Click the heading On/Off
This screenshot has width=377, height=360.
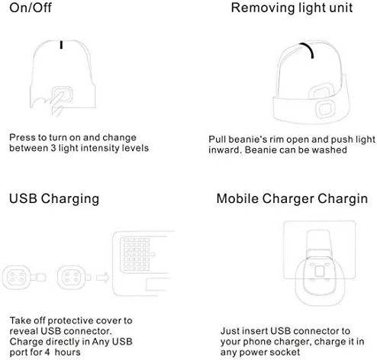31,8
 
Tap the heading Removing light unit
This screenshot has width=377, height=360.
292,8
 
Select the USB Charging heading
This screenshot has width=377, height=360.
54,199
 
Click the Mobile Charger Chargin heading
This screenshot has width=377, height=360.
292,199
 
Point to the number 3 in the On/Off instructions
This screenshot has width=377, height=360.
53,148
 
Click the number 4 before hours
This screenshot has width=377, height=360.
47,352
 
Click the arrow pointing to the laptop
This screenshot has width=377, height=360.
103,278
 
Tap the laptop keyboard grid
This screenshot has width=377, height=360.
137,255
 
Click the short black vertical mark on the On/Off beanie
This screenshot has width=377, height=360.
61,44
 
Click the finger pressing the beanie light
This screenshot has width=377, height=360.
56,103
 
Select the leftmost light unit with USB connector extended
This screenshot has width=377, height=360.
24,278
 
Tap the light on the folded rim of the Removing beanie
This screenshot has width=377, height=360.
325,110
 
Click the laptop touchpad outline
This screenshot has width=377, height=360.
157,284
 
